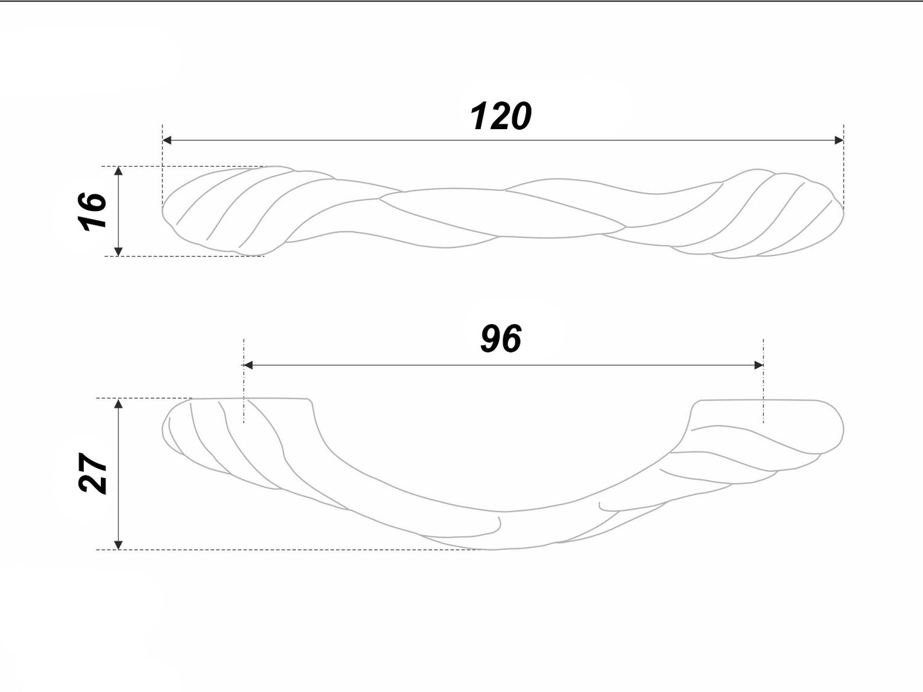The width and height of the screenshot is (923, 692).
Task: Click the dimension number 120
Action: (x=500, y=116)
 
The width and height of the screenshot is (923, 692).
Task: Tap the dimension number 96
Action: (x=501, y=339)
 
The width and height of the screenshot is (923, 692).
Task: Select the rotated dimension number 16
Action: (x=92, y=211)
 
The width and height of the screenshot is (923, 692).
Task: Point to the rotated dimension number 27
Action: (x=92, y=472)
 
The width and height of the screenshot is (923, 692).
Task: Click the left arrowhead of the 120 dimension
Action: (x=167, y=140)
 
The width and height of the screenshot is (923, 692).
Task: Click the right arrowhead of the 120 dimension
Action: (x=839, y=140)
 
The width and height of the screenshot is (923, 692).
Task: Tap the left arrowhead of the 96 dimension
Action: (x=248, y=365)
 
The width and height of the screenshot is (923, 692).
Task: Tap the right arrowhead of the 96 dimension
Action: (x=759, y=365)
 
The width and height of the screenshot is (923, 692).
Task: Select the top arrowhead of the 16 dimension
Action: (x=119, y=171)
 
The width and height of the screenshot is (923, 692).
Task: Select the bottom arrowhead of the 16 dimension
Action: (x=119, y=251)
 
